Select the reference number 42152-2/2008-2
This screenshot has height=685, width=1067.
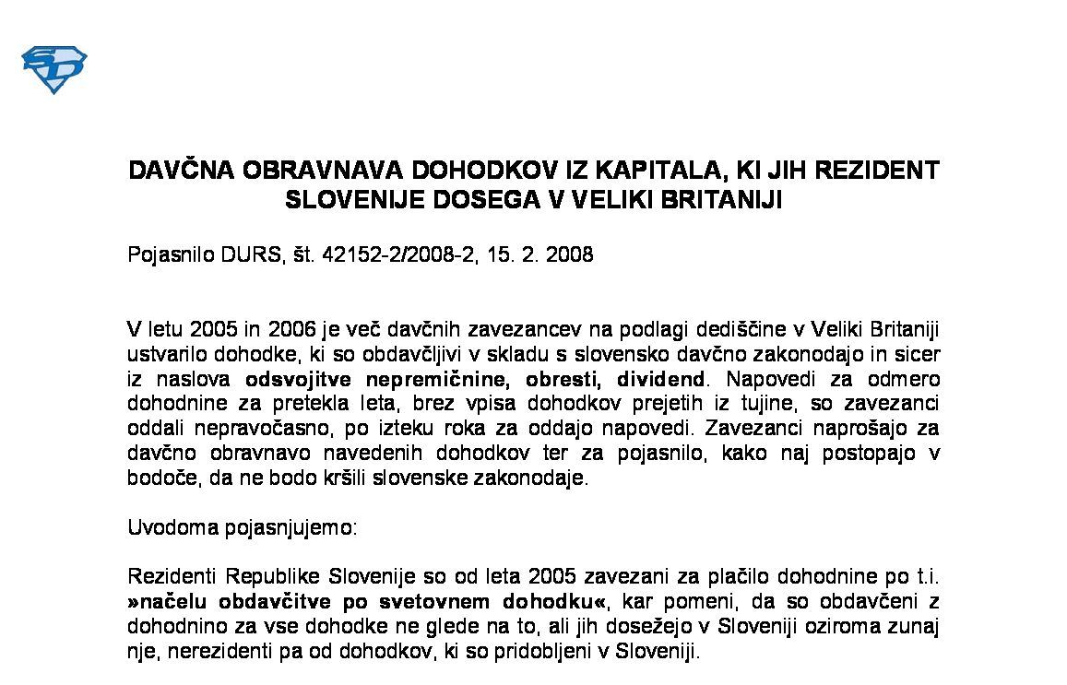point(393,254)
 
